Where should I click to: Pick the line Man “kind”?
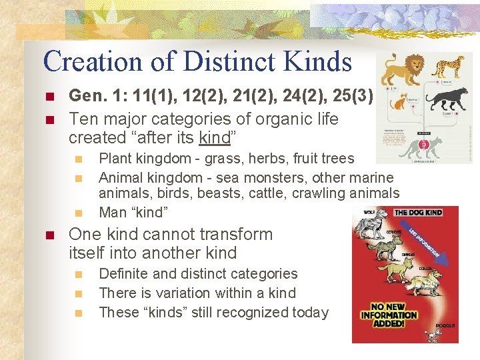coord(133,212)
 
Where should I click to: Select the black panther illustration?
coord(447,100)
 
